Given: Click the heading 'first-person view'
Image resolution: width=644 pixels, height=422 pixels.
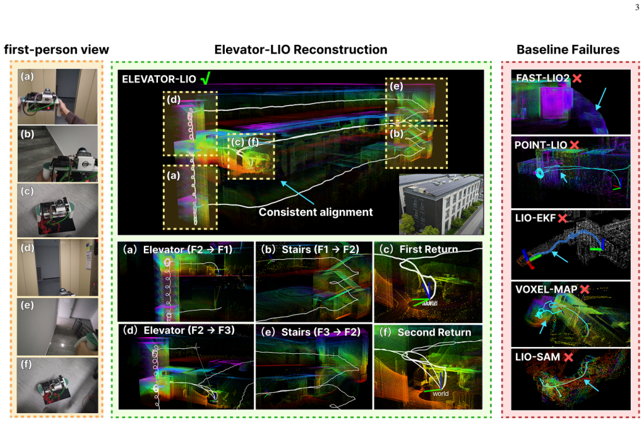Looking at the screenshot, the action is tap(56, 50).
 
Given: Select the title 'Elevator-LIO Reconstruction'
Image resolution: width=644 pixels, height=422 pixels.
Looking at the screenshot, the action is tap(301, 50).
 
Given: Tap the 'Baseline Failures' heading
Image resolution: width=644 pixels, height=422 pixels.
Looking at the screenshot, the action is tap(568, 50).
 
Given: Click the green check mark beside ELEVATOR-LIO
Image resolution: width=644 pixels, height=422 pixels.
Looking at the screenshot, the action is tap(206, 78).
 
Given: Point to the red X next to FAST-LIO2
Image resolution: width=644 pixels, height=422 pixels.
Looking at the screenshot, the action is tap(577, 78).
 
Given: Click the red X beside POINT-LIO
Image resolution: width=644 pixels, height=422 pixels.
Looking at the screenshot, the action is tap(574, 145).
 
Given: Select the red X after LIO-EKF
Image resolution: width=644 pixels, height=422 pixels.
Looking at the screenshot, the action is tap(563, 218).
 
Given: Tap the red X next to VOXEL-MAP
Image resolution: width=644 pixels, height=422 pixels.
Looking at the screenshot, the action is tap(585, 290).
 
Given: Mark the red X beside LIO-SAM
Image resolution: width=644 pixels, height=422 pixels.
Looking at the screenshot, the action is tap(568, 357).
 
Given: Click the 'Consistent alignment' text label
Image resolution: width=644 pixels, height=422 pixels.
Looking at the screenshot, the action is tap(316, 212).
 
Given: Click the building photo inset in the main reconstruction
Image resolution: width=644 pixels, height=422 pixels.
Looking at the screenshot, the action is tap(441, 204).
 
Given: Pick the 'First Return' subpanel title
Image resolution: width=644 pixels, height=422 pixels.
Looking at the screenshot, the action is tap(428, 249).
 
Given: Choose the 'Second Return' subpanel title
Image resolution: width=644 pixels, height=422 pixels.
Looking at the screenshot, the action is tap(434, 332).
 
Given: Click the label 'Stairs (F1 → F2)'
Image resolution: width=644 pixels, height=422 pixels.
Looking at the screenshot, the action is tap(320, 249).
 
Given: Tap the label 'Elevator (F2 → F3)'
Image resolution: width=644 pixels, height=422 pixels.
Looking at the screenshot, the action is tap(189, 331).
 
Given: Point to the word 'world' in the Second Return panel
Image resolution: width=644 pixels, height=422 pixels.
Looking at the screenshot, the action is tap(440, 394).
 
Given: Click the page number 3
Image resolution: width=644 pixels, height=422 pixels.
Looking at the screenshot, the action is tap(637, 8).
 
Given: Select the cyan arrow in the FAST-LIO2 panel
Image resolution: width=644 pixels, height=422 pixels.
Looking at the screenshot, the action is tap(601, 98).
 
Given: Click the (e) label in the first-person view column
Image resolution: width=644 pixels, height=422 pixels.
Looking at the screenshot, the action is tap(27, 305).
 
